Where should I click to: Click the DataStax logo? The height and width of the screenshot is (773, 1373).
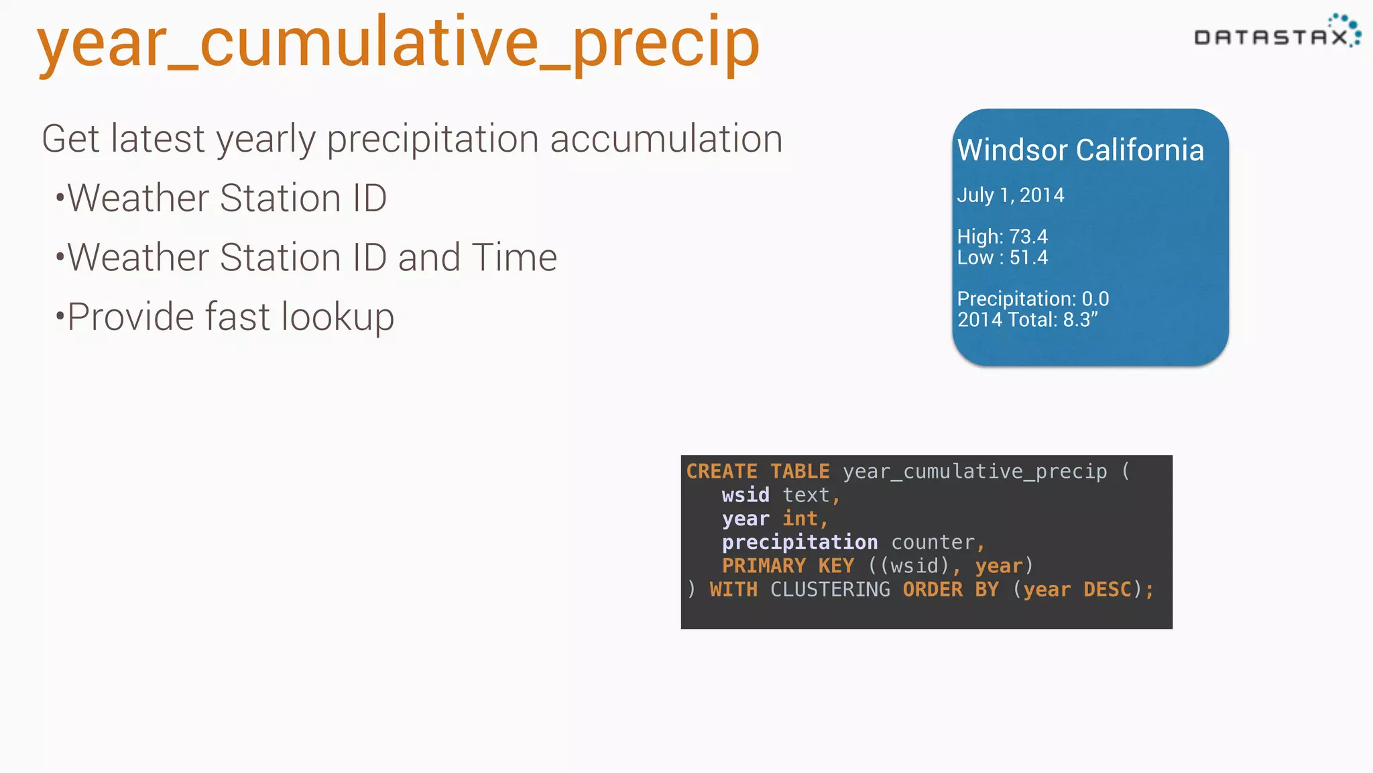coord(1276,34)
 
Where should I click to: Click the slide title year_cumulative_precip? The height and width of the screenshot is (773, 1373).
coord(398,44)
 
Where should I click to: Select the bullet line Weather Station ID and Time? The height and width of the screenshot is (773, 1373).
coord(312,257)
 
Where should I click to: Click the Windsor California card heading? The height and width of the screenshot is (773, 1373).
coord(1080,150)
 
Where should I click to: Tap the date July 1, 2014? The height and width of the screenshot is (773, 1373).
coord(1010,195)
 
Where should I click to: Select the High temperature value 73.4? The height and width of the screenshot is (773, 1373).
coord(1028,237)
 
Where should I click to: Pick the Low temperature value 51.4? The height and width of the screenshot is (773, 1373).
coord(1028,258)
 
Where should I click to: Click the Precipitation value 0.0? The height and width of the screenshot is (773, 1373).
coord(1095,299)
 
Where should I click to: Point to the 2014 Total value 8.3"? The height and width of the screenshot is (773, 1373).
coord(1080,319)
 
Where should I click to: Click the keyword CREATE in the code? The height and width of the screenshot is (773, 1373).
coord(721,471)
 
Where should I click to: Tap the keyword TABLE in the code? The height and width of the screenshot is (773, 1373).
coord(800,471)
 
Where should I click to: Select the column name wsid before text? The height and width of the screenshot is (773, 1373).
coord(745,495)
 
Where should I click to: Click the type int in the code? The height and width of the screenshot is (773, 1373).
coord(800,519)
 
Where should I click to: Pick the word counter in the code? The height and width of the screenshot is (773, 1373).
coord(933,542)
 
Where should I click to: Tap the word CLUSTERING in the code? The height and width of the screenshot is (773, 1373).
coord(830,589)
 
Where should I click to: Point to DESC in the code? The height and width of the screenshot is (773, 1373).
coord(1107,589)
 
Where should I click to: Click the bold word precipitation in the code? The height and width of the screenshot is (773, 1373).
coord(800,542)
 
